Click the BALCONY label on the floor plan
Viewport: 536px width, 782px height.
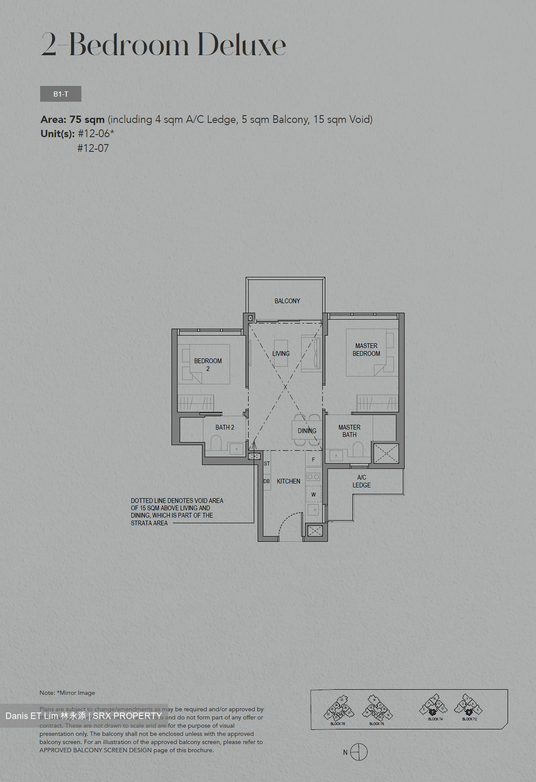click(287, 301)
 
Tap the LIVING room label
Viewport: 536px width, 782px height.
click(280, 354)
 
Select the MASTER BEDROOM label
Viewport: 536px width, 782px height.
click(366, 350)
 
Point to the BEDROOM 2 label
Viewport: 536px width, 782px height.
click(208, 364)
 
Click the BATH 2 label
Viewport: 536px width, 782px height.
click(225, 427)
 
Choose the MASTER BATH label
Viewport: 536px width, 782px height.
click(349, 431)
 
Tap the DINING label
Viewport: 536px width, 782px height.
click(307, 431)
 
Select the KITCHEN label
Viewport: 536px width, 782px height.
click(288, 481)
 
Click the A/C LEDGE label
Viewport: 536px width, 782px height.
click(361, 481)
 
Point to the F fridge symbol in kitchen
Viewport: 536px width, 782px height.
click(313, 459)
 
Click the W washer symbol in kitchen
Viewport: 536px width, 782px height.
click(313, 494)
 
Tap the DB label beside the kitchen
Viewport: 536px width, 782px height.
click(266, 481)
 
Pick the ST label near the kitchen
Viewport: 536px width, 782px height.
click(266, 464)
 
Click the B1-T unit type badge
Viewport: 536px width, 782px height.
click(61, 94)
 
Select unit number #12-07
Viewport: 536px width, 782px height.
click(93, 148)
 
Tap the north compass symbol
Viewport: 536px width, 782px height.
click(359, 752)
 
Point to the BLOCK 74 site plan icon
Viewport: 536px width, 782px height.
click(434, 708)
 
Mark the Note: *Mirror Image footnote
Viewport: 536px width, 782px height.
click(67, 693)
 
